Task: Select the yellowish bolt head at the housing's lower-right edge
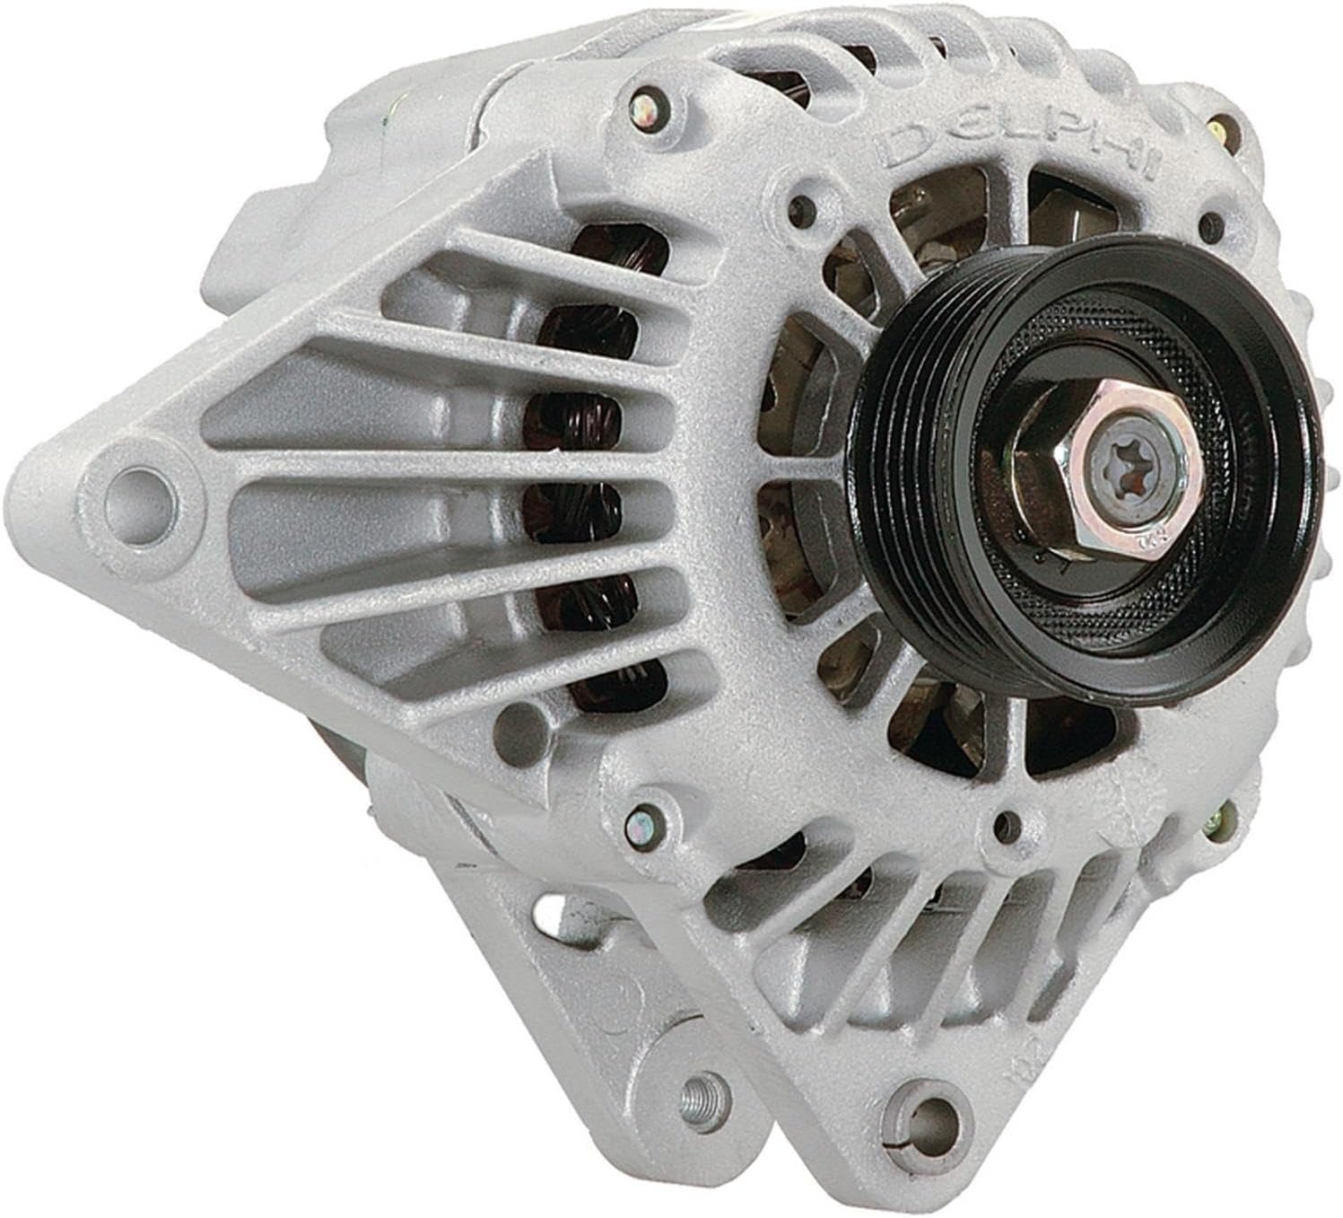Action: coord(1217,819)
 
